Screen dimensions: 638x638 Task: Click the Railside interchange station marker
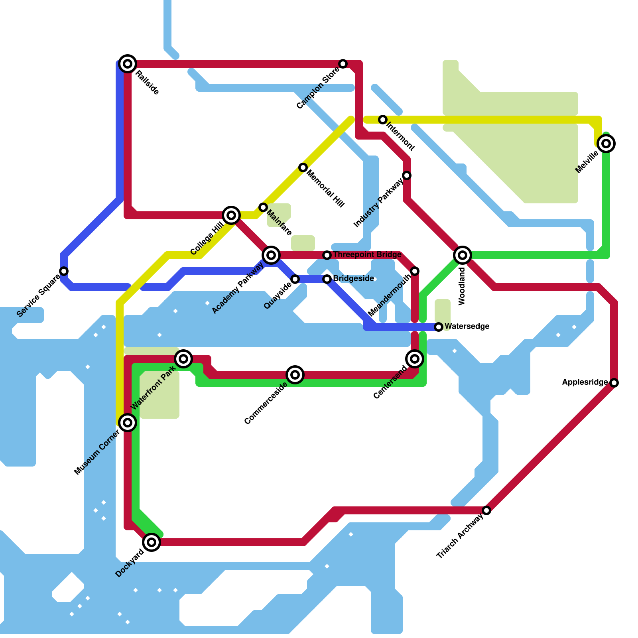click(x=128, y=64)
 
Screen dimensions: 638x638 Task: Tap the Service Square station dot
click(x=64, y=271)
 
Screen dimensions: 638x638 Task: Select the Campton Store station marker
click(x=343, y=64)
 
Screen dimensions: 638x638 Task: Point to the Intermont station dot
click(x=383, y=120)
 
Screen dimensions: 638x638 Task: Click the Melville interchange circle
click(x=606, y=144)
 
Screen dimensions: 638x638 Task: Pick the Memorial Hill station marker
click(x=303, y=167)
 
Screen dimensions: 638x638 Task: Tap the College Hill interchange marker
click(x=231, y=215)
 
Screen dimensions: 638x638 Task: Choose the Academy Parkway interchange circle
click(x=271, y=255)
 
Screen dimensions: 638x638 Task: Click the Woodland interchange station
click(x=463, y=255)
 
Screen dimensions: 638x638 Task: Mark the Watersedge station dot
click(x=439, y=327)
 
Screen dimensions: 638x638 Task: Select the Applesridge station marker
click(x=614, y=383)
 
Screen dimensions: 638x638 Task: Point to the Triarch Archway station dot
click(x=486, y=510)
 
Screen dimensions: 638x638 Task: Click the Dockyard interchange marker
click(x=152, y=542)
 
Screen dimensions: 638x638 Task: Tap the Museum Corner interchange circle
click(x=128, y=423)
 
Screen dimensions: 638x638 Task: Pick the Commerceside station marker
click(x=295, y=375)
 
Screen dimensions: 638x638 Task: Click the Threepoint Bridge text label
click(x=367, y=255)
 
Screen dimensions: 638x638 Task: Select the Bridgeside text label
click(x=354, y=279)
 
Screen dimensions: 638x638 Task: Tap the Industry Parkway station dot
click(x=407, y=175)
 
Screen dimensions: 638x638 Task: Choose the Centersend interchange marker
click(x=415, y=359)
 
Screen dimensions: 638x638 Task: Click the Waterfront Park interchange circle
click(x=183, y=359)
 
